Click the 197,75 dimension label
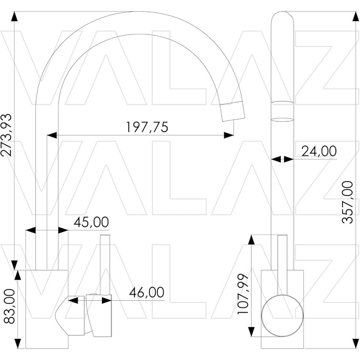pos(147,127)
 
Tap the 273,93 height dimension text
pos(6,135)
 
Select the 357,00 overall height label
pos(347,202)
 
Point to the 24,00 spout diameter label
pos(319,151)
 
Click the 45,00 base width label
pos(91,222)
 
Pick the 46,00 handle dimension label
pos(147,292)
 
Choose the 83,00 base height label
pos(9,306)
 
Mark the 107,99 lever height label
pos(243,294)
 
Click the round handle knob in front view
pos(282,316)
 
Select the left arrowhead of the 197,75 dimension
pos(52,135)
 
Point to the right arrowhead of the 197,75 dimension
pos(229,135)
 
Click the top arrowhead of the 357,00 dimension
pos(356,16)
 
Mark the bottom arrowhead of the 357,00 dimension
pos(356,343)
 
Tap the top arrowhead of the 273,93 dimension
pos(14,16)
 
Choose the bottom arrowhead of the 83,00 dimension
pos(17,343)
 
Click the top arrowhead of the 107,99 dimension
pos(252,240)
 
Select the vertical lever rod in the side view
pos(105,264)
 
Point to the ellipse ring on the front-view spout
pos(282,120)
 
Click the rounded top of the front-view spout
pos(282,13)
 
